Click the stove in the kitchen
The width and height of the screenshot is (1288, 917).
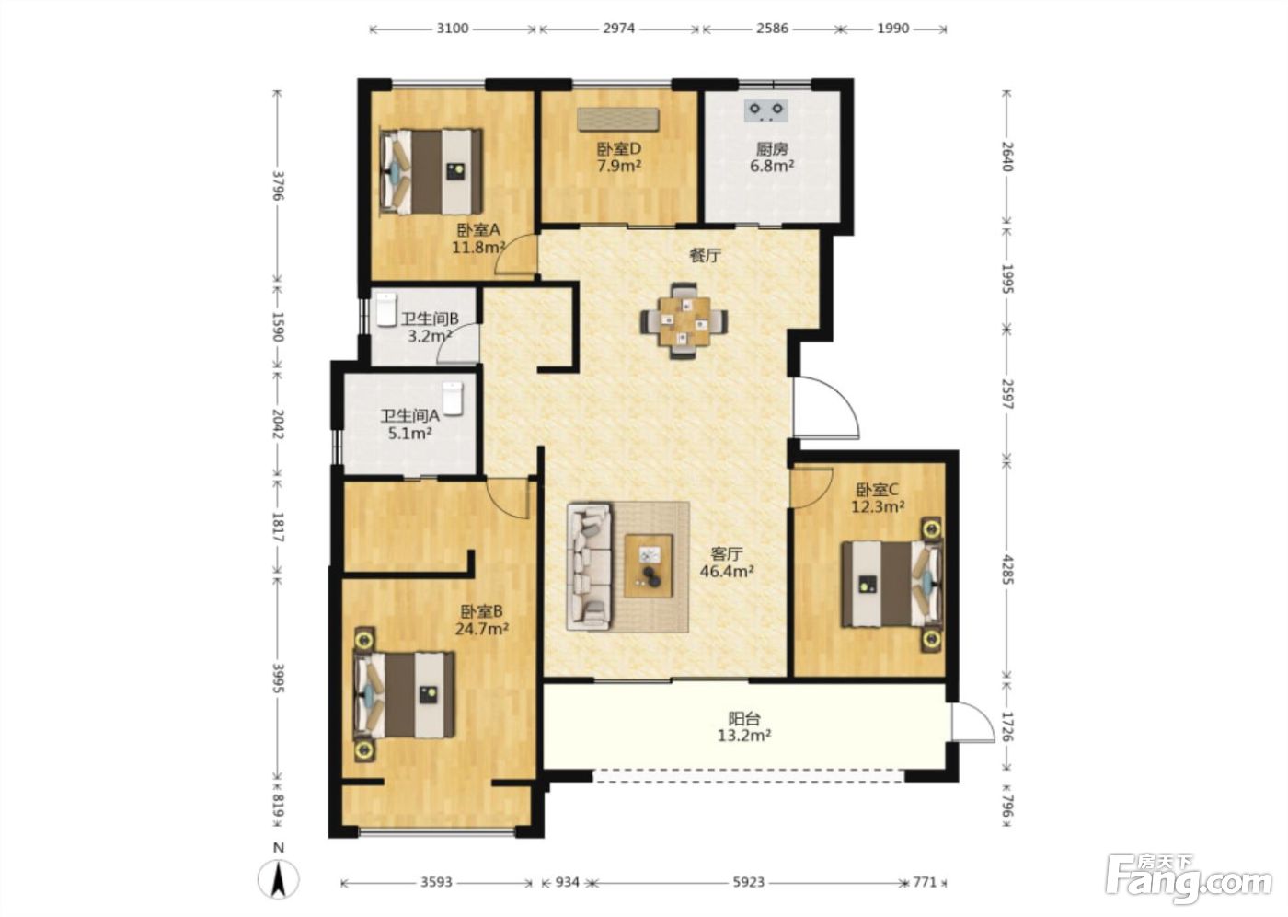coord(765,110)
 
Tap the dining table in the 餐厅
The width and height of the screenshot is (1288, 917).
coord(684,321)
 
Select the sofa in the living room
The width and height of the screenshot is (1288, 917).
coord(589,566)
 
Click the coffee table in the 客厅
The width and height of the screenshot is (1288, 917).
coord(649,565)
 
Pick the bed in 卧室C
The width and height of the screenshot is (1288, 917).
coord(893,585)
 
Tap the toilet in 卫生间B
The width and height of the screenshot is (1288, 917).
coord(386,309)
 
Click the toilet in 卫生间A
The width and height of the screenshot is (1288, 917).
coord(453,398)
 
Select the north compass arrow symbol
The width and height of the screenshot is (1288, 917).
coord(278,879)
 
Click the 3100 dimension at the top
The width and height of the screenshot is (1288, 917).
coord(453,29)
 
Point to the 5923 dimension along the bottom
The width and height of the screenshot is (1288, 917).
coord(749,882)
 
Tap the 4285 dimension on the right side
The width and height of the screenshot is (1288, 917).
coord(1006,568)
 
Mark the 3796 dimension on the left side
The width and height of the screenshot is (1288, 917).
coord(278,185)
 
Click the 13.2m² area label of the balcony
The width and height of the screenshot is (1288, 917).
coord(744,736)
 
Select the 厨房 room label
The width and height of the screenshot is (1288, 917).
coord(771,149)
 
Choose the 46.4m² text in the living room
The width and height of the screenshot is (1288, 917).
coord(727,571)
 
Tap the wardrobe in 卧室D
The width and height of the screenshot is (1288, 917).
coord(617,119)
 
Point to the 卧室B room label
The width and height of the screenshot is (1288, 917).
coord(481,611)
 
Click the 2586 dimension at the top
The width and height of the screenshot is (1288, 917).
coord(772,29)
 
